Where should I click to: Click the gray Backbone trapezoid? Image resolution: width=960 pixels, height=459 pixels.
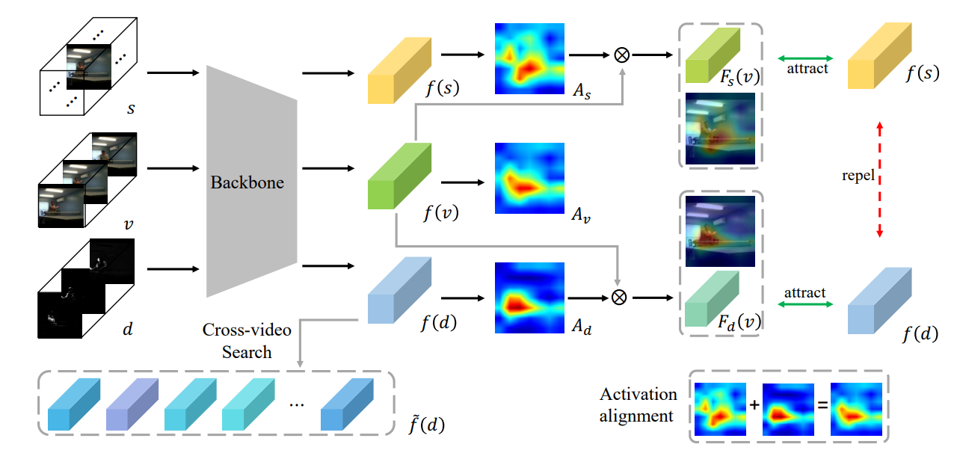pyautogui.click(x=251, y=182)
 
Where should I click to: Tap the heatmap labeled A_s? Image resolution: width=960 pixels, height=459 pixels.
pyautogui.click(x=529, y=62)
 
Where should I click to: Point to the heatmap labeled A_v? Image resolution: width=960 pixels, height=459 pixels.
pyautogui.click(x=529, y=178)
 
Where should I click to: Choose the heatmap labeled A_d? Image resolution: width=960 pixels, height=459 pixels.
pyautogui.click(x=529, y=296)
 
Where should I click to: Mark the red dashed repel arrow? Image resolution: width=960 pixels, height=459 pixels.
pyautogui.click(x=879, y=179)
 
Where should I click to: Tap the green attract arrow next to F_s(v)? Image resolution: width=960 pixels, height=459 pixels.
pyautogui.click(x=807, y=58)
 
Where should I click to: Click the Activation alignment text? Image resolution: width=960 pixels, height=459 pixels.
pyautogui.click(x=638, y=404)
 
